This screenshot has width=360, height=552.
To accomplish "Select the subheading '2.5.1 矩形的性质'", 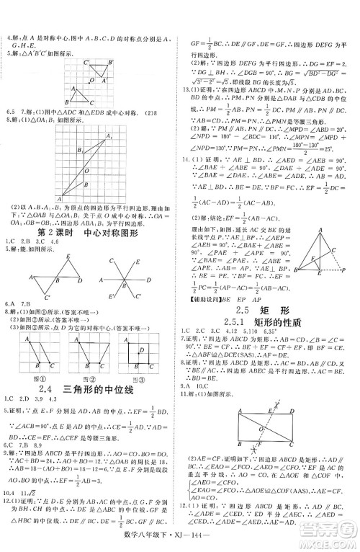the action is pyautogui.click(x=271, y=303).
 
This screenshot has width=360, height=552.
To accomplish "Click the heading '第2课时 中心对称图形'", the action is pyautogui.click(x=89, y=233).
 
